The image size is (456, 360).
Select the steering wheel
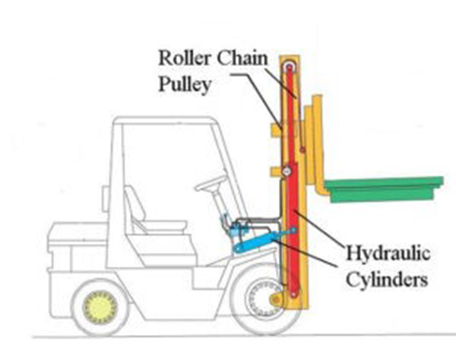(x=211, y=184)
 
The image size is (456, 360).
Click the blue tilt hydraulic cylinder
(x=262, y=239)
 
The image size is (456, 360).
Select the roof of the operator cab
(x=163, y=122)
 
